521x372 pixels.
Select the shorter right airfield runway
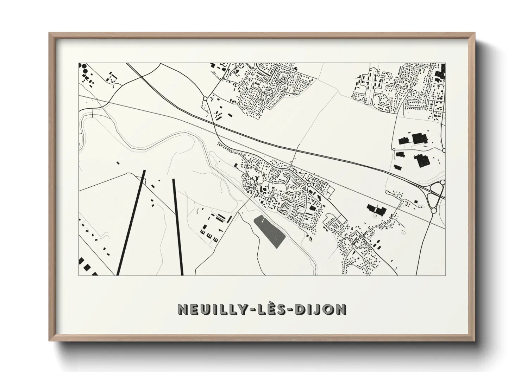[178, 227]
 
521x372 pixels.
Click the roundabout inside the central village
[309, 185]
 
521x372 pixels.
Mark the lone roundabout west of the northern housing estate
[205, 99]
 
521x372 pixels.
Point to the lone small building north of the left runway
[118, 163]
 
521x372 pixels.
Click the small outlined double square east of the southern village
[403, 232]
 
